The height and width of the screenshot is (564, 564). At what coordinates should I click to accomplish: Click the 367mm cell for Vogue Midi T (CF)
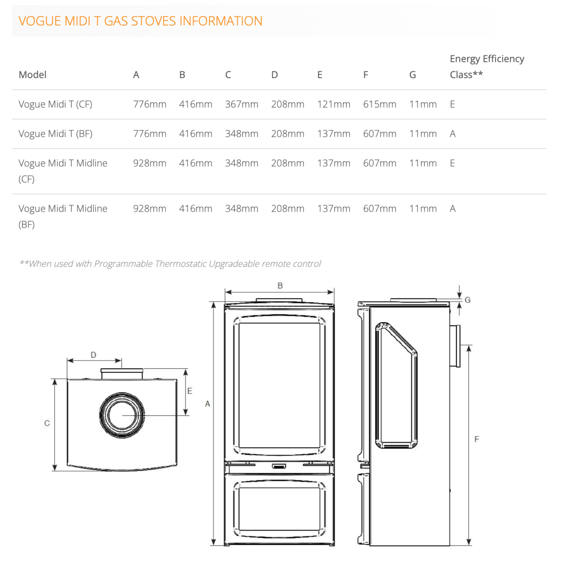pos(241,104)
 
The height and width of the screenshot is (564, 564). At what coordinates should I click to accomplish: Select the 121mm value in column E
pos(333,104)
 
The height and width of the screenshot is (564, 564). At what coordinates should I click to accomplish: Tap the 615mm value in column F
pos(380,104)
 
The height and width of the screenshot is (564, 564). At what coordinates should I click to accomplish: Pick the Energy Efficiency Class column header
pos(487,67)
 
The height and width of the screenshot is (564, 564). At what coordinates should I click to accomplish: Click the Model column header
pos(32,75)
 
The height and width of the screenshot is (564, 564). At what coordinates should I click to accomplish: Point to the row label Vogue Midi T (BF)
pos(55,134)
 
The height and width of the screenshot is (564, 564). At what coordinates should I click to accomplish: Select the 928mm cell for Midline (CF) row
pos(150,163)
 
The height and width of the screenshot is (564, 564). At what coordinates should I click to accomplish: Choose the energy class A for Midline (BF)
pos(453,209)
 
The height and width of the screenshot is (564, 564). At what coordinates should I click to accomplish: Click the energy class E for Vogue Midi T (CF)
pos(452,104)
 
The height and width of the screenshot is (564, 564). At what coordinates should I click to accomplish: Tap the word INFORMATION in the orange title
pos(221,21)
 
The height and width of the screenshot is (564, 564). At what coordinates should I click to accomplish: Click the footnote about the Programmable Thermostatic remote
pos(170,263)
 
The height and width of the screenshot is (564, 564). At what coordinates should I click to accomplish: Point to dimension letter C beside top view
pos(47,423)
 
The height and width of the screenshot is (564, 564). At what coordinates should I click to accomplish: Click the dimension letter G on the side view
pos(467,300)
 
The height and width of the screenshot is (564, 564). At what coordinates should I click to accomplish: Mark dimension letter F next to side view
pos(477,439)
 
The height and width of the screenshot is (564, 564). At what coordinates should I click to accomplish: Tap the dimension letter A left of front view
pos(207,404)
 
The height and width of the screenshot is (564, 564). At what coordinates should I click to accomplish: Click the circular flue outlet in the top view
pos(122,415)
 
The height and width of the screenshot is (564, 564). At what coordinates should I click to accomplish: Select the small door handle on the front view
pos(279,466)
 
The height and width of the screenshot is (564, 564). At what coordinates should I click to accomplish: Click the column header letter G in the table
pos(412,75)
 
